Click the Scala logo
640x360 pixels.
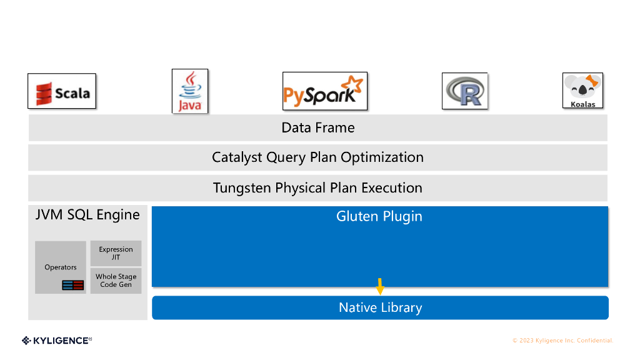point(62,91)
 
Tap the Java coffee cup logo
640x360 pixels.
point(190,91)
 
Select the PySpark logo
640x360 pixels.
point(325,91)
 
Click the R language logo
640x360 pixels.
point(465,91)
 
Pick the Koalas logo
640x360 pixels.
point(583,91)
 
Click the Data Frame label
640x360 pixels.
point(318,127)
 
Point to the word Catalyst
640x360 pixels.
point(237,157)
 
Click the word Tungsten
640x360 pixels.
point(242,188)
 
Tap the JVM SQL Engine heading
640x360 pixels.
point(87,215)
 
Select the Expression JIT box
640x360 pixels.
point(116,254)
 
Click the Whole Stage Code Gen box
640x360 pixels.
point(116,281)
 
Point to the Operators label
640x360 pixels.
point(61,267)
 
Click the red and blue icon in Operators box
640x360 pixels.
point(72,285)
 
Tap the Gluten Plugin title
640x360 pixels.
point(379,216)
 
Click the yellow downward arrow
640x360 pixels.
point(380,286)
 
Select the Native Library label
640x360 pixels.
point(381,307)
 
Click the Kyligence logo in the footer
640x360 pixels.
point(57,341)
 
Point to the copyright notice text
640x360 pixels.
point(563,341)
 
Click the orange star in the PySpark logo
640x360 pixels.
point(352,84)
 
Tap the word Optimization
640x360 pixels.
point(382,157)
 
